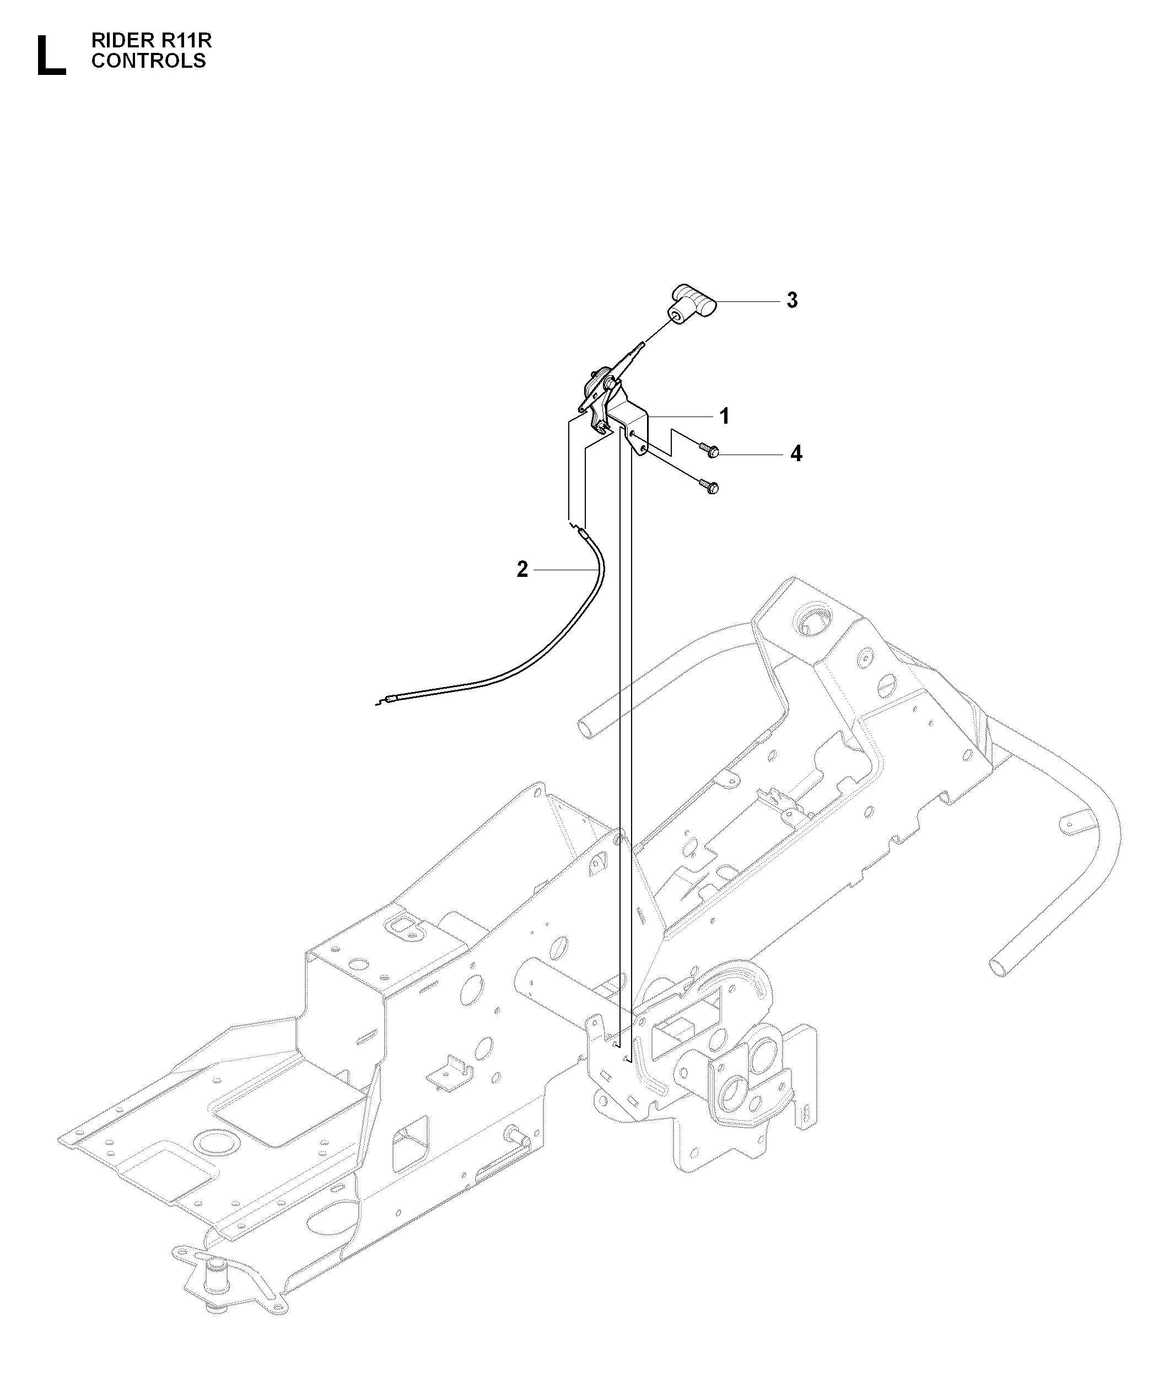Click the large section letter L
pyautogui.click(x=51, y=56)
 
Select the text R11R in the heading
pyautogui.click(x=187, y=41)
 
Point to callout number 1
pyautogui.click(x=724, y=417)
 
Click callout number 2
pyautogui.click(x=522, y=569)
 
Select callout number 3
pyautogui.click(x=792, y=300)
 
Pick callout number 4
pyautogui.click(x=796, y=454)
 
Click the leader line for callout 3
pyautogui.click(x=748, y=301)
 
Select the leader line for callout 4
pyautogui.click(x=752, y=455)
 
